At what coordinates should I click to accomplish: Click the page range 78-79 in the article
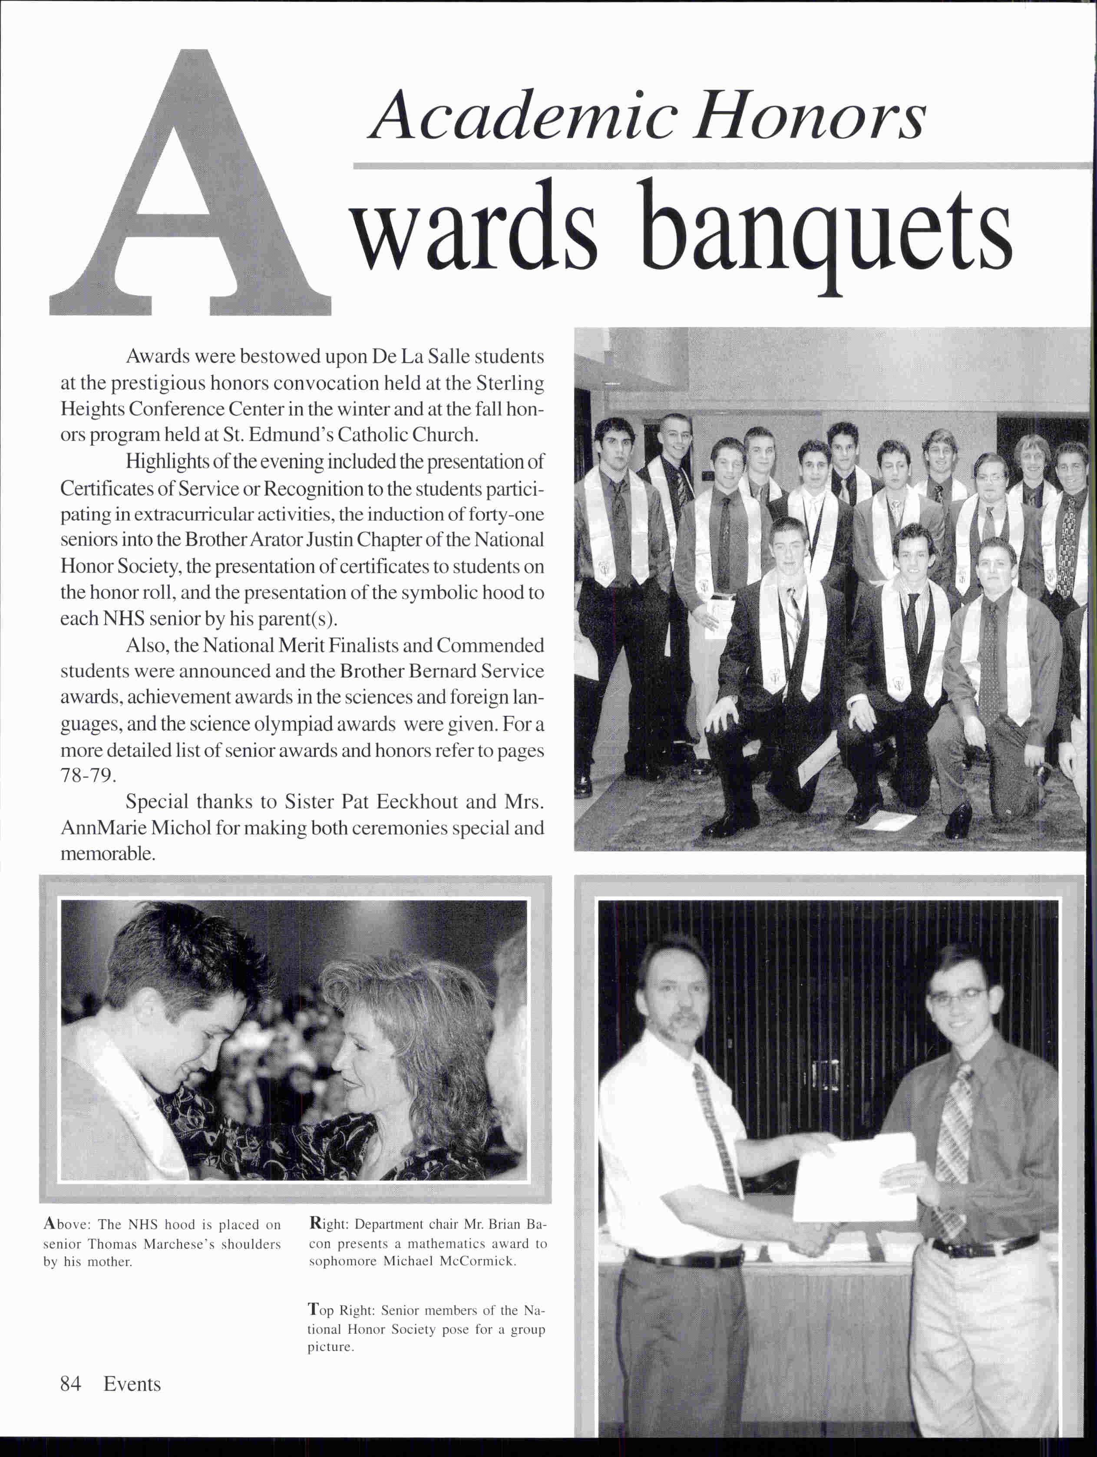pyautogui.click(x=88, y=775)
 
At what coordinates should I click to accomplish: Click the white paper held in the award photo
pyautogui.click(x=856, y=1179)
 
